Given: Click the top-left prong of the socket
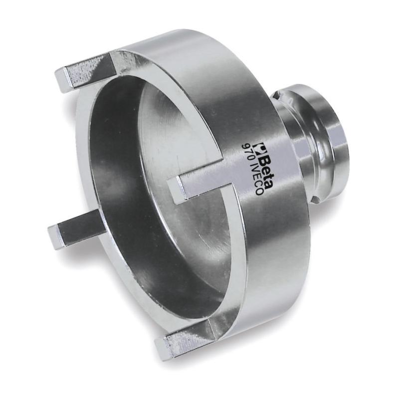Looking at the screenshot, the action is coord(84,72).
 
